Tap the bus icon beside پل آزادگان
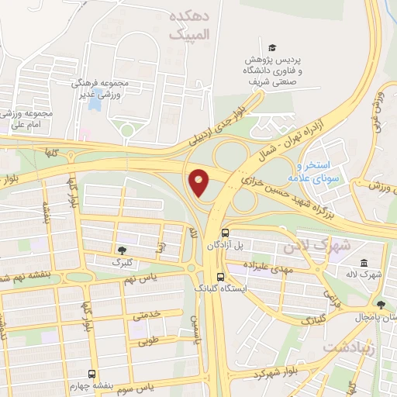click(x=225, y=232)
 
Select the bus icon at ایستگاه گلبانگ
click(x=221, y=276)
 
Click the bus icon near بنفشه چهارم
click(x=92, y=373)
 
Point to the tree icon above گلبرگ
click(x=122, y=250)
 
